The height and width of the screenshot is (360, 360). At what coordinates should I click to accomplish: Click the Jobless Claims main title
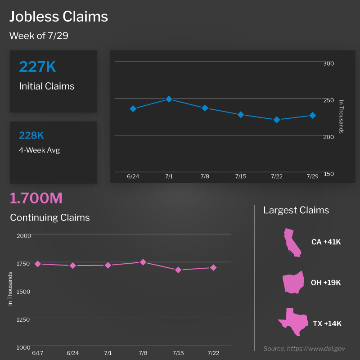click(x=59, y=17)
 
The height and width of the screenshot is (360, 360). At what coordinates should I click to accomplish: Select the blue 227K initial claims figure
click(x=37, y=67)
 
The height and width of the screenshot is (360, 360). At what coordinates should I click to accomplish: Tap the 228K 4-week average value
click(x=31, y=135)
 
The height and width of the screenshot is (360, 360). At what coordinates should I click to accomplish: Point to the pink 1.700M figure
click(x=36, y=198)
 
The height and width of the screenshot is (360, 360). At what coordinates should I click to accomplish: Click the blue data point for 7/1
click(x=169, y=99)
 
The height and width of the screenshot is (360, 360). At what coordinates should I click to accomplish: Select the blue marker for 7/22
click(x=277, y=120)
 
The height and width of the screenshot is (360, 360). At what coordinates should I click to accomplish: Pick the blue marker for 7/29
click(x=312, y=115)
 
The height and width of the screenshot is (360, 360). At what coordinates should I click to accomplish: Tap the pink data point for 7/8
click(x=143, y=262)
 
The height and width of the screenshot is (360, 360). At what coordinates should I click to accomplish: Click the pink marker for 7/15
click(x=178, y=270)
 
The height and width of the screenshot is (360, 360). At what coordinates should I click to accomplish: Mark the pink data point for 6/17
click(x=38, y=264)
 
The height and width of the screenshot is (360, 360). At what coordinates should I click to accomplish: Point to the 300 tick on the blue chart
click(x=328, y=63)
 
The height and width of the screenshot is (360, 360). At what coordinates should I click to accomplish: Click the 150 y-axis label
click(x=328, y=174)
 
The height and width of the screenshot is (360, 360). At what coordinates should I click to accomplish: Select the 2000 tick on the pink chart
click(x=23, y=235)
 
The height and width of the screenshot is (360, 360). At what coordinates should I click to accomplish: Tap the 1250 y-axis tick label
click(x=23, y=319)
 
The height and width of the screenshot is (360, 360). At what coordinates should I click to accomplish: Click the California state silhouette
click(x=292, y=242)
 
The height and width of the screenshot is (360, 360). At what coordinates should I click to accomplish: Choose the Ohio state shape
click(x=292, y=283)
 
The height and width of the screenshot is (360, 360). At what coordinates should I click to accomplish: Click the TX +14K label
click(x=327, y=324)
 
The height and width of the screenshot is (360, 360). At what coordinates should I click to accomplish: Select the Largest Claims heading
click(x=296, y=210)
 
